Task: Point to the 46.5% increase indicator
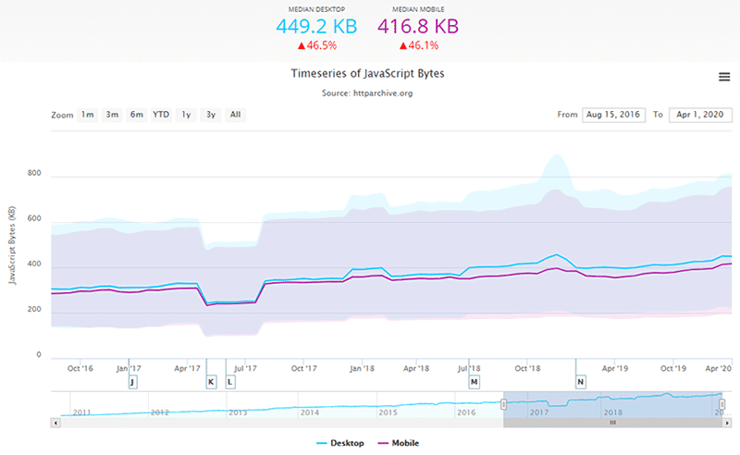[315, 44]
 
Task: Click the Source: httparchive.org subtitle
[369, 93]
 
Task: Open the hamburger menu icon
[724, 77]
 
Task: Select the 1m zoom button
[87, 115]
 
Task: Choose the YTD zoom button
[161, 115]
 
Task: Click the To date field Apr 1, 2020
[699, 115]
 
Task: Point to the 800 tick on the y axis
[34, 174]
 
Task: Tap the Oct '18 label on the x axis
[527, 367]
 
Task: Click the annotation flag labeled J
[132, 381]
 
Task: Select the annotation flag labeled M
[475, 381]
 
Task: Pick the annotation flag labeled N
[581, 381]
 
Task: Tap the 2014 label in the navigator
[309, 412]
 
